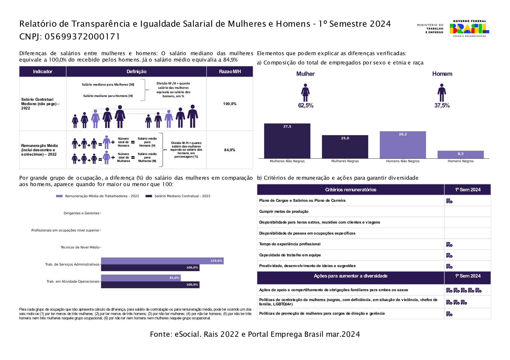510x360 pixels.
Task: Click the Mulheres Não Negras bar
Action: (287, 141)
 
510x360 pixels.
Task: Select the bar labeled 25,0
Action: (345, 147)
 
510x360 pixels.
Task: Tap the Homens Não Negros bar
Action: (403, 145)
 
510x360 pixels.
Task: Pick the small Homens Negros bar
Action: (461, 154)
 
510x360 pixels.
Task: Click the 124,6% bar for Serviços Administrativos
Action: (162, 261)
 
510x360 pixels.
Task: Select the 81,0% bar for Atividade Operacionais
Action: (141, 278)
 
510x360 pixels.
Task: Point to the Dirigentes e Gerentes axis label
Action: (82, 213)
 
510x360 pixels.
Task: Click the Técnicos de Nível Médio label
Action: (80, 248)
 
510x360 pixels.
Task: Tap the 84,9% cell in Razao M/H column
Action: (230, 150)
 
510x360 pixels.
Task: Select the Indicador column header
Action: (43, 72)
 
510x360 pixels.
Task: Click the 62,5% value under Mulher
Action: (306, 106)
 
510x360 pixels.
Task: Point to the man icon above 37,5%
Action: (442, 93)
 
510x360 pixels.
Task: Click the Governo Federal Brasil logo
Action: (469, 29)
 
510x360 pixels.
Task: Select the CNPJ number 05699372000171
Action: (82, 37)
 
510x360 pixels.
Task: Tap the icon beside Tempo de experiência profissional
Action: (449, 245)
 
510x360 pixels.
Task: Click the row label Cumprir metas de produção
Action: (284, 212)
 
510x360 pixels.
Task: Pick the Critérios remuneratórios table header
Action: (350, 190)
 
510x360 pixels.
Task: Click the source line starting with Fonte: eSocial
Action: (255, 334)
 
